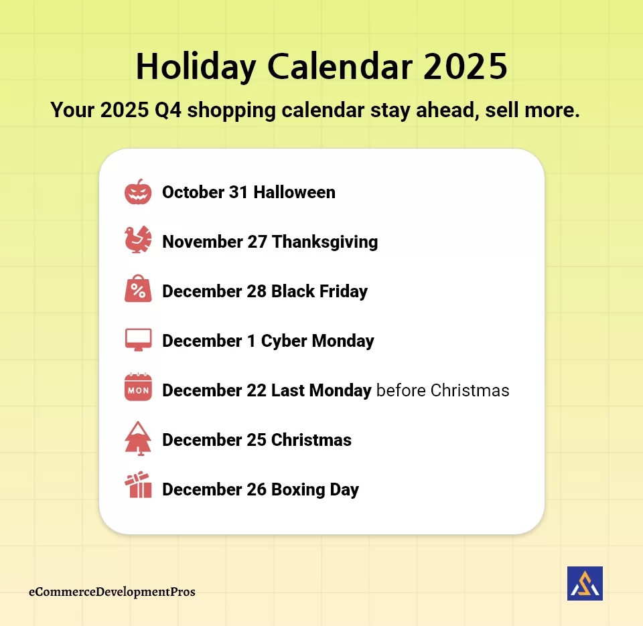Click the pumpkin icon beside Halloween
tap(138, 192)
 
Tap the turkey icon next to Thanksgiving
tap(138, 240)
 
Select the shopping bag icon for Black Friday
tap(138, 290)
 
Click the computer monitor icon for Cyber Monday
tap(138, 339)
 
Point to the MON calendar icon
tap(138, 388)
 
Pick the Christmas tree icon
tap(138, 439)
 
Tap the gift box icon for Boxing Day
tap(138, 486)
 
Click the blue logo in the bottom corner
tap(585, 583)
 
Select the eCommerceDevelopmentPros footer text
tap(113, 592)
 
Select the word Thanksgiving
tap(325, 242)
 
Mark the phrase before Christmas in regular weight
tap(443, 390)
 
